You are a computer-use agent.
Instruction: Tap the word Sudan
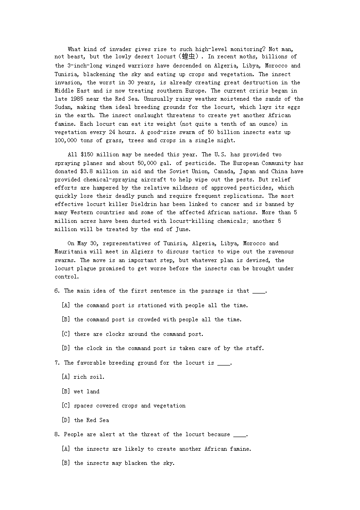click(64, 107)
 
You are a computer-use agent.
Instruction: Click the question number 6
click(57, 291)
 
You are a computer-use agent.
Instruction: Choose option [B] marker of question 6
click(66, 319)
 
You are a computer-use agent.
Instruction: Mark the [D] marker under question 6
click(66, 348)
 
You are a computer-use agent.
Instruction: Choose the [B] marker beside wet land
click(66, 392)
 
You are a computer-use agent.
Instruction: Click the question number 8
click(57, 434)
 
